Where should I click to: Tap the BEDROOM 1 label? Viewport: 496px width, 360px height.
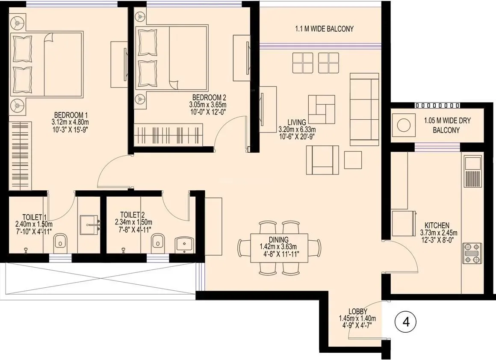[71, 115]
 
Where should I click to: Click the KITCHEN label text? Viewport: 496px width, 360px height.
[437, 225]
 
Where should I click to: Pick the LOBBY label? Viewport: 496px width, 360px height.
[357, 311]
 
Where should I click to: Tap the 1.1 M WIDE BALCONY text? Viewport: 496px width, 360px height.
[325, 29]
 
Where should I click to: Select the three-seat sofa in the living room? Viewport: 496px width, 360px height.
[364, 109]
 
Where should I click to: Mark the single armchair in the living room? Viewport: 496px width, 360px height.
[322, 159]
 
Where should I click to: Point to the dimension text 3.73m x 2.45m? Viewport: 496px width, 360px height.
[437, 233]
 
